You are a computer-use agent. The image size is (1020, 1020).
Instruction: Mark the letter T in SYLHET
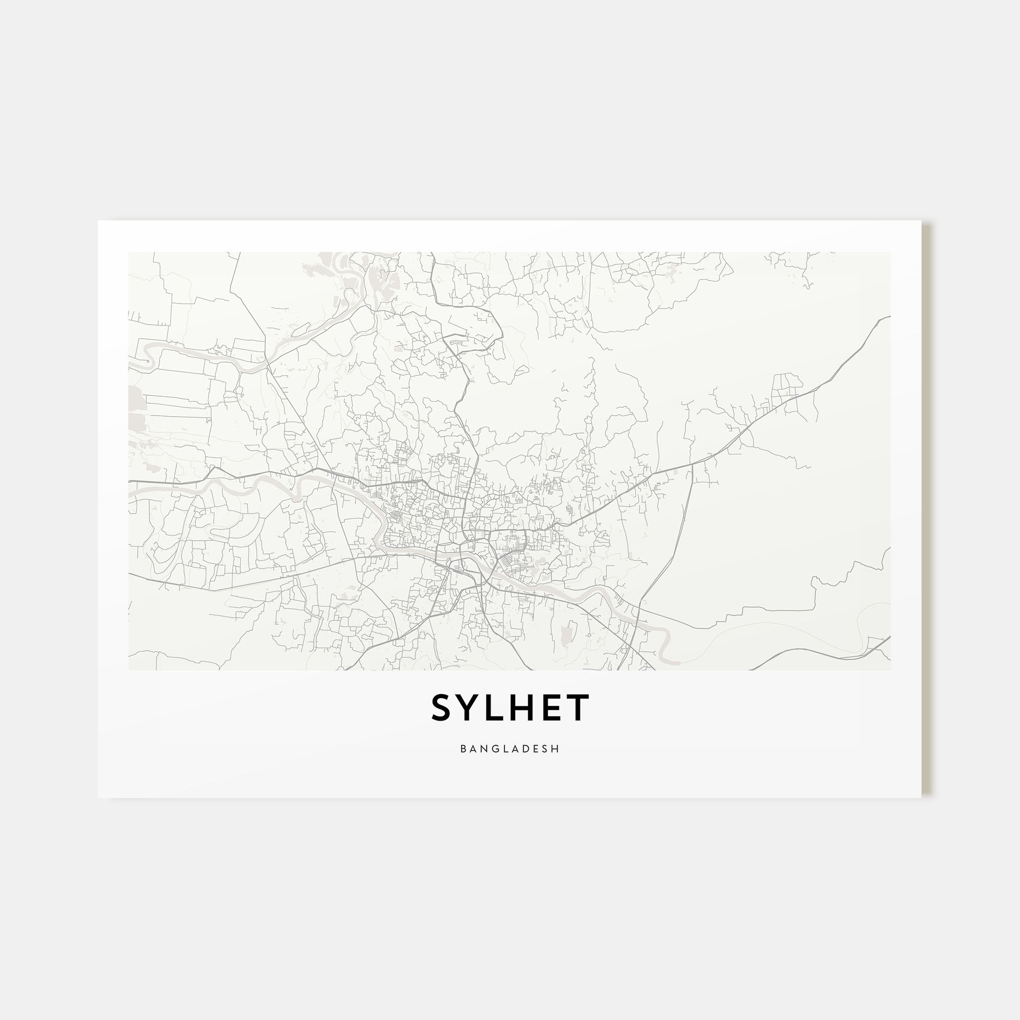[x=578, y=708]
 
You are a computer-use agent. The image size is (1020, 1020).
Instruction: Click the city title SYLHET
[x=510, y=708]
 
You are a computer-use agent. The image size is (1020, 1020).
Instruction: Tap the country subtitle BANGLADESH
[x=510, y=749]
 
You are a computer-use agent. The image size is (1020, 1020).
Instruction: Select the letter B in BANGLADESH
[x=463, y=749]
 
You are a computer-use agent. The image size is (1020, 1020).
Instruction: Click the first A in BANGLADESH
[x=473, y=749]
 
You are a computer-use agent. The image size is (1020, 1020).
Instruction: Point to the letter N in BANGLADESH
[x=483, y=749]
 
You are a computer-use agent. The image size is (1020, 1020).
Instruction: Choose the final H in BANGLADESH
[x=556, y=749]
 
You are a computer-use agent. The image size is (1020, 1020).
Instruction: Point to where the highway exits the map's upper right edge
[x=888, y=317]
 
